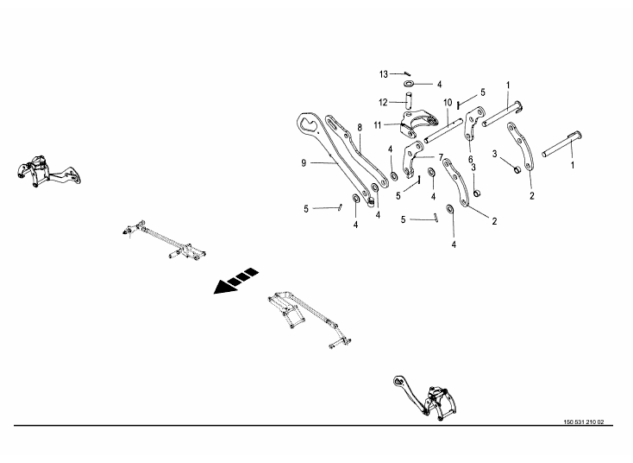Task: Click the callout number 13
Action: [x=384, y=73]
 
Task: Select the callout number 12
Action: [x=382, y=102]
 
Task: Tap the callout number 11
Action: [x=378, y=125]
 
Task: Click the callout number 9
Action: [x=304, y=162]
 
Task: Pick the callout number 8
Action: [x=359, y=128]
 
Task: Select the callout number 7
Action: [x=440, y=157]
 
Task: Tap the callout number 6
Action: [x=471, y=159]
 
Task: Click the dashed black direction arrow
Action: [x=236, y=281]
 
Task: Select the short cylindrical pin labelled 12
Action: [x=407, y=103]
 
